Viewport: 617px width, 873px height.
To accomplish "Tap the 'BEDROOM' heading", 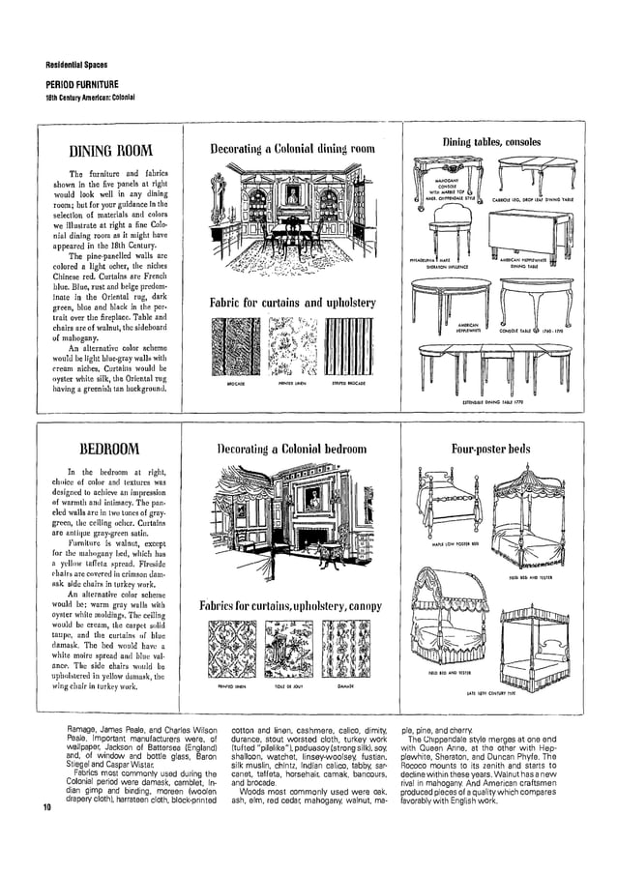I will pos(109,449).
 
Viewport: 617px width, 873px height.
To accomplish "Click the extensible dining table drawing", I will pos(493,368).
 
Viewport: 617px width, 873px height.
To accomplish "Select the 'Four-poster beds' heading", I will pos(491,450).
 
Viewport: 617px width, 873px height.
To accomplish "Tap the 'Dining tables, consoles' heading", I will pos(491,142).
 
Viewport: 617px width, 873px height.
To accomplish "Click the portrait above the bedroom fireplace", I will pos(312,498).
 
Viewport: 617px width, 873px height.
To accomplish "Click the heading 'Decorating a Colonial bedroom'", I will pos(292,450).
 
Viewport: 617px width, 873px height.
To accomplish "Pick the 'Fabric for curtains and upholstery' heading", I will pos(292,303).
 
